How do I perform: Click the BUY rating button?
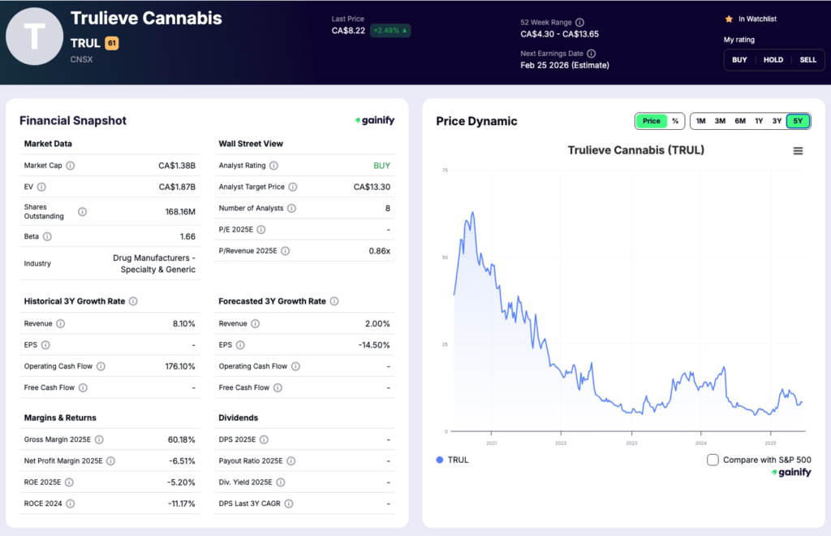point(739,59)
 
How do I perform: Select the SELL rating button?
point(807,59)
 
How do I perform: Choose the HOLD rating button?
point(773,59)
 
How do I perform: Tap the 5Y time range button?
point(798,121)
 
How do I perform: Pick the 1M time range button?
point(700,121)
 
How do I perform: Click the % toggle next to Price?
point(674,121)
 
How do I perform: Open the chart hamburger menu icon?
point(798,151)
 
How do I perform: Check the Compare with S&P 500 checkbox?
point(713,460)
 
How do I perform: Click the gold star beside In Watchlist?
point(729,19)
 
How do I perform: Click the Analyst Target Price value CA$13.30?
point(372,187)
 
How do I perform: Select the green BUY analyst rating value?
point(381,166)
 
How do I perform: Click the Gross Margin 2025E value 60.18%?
point(178,439)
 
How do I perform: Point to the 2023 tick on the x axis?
point(631,443)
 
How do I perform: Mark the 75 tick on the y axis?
point(444,171)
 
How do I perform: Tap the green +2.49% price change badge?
point(390,31)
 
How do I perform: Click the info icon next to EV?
point(41,187)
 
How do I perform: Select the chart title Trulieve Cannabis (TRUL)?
point(624,150)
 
